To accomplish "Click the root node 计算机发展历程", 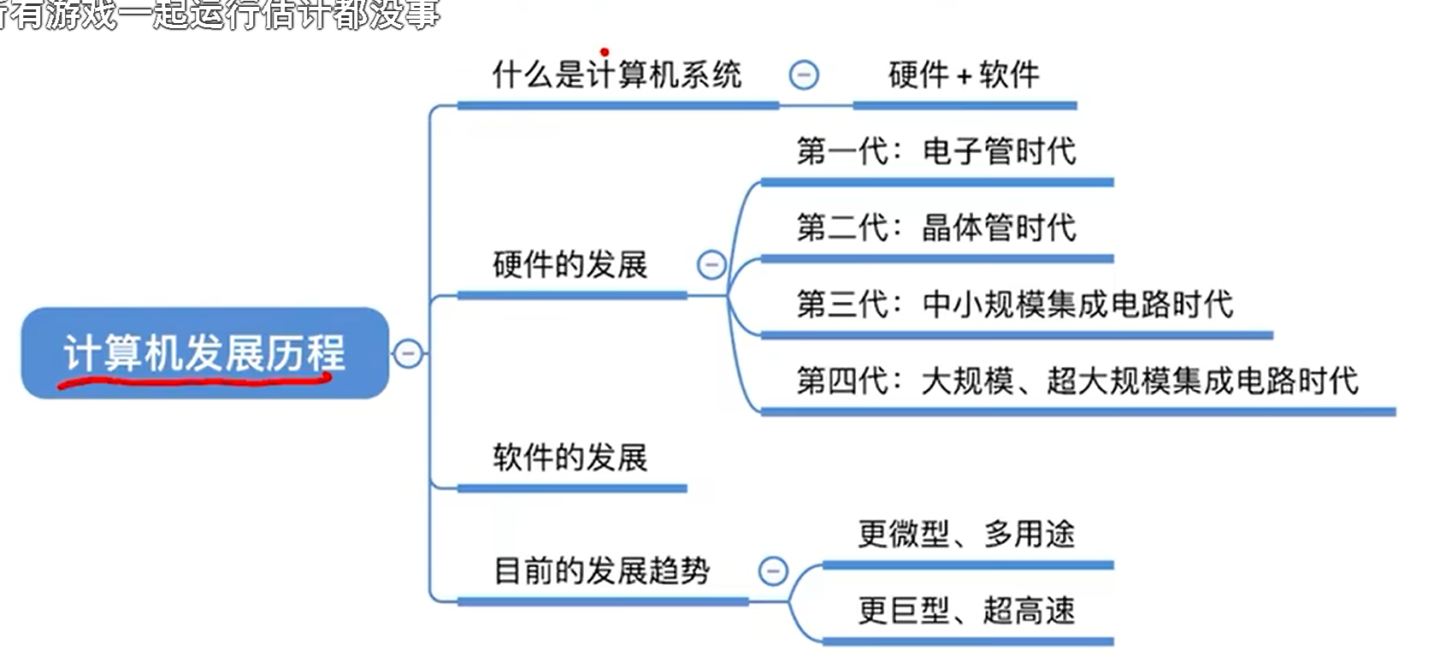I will [x=204, y=352].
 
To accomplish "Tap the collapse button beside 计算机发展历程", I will [x=408, y=352].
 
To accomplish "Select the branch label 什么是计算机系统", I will [x=617, y=75].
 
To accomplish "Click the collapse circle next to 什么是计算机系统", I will [x=803, y=75].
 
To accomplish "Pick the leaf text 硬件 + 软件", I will [x=964, y=75].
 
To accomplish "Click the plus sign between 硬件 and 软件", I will [x=964, y=77].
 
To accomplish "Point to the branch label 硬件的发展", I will [x=570, y=265].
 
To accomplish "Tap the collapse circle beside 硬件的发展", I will [x=711, y=265].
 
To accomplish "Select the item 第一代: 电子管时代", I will [x=935, y=151].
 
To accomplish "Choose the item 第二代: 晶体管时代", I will [x=935, y=228].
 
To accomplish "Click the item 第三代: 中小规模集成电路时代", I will [x=1014, y=304].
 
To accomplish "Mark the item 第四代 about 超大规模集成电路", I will [x=1077, y=381].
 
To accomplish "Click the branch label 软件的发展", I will [x=570, y=458].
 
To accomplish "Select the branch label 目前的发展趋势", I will [x=602, y=570].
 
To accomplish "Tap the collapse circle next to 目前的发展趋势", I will [x=773, y=570].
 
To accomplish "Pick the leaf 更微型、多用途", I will [x=966, y=535].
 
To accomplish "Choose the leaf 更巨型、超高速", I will [x=966, y=611].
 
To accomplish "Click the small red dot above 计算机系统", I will [x=605, y=52].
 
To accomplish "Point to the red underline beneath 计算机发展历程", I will [x=197, y=380].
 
